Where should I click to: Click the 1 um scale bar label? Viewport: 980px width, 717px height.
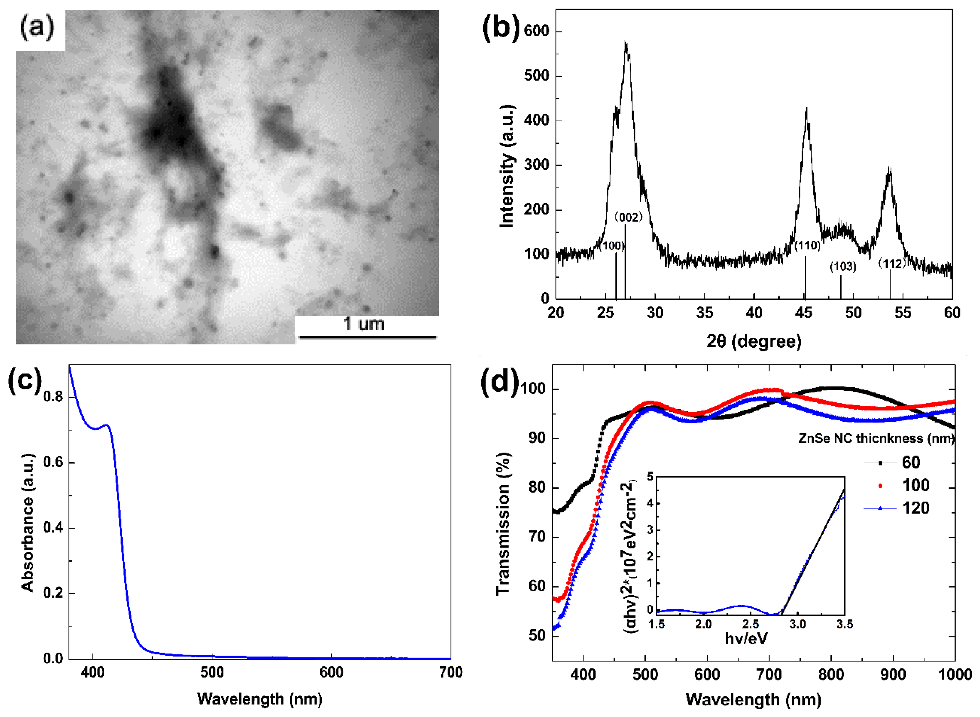click(x=364, y=323)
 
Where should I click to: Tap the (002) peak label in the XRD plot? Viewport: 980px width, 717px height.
click(x=628, y=217)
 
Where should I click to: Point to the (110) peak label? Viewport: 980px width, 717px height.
click(x=808, y=246)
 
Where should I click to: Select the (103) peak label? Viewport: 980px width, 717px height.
click(x=843, y=267)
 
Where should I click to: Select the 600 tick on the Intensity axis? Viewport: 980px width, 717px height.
click(x=536, y=31)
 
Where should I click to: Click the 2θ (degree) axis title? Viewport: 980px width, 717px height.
click(x=754, y=341)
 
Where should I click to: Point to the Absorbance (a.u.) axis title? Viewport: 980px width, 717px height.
click(x=28, y=523)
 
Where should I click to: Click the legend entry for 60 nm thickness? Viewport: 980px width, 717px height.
click(x=911, y=463)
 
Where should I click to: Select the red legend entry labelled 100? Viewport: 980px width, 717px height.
click(x=915, y=485)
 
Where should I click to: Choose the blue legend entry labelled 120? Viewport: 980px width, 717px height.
click(x=915, y=508)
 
